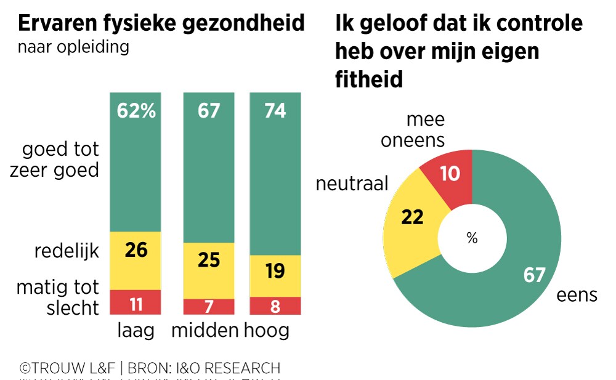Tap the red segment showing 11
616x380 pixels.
coord(136,302)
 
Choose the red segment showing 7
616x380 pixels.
coord(208,307)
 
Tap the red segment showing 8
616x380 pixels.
coord(275,306)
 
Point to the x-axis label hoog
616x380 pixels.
coord(266,331)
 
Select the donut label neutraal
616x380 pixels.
coord(352,184)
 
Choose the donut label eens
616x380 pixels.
coord(577,295)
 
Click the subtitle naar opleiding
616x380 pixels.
coord(73,47)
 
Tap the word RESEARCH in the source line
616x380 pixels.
coord(243,368)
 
